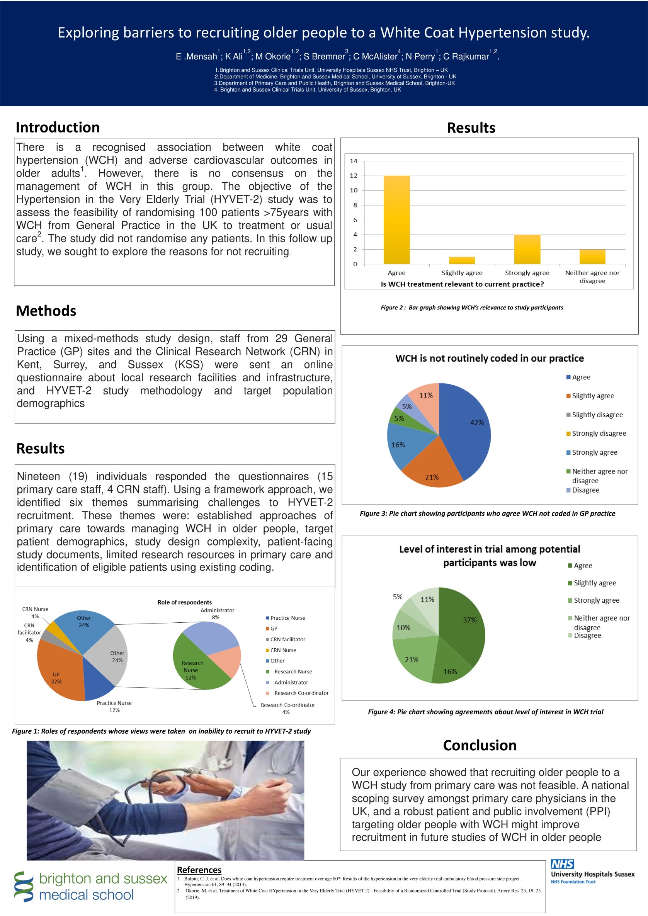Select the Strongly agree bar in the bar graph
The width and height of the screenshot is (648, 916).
pyautogui.click(x=527, y=249)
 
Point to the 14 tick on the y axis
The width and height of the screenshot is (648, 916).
pyautogui.click(x=354, y=161)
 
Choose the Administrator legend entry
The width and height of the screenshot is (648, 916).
pyautogui.click(x=291, y=683)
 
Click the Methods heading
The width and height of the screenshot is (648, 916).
pyautogui.click(x=46, y=311)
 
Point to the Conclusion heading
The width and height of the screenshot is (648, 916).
pyautogui.click(x=480, y=746)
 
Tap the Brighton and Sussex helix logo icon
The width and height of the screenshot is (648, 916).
pyautogui.click(x=24, y=887)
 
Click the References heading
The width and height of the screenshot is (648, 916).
pyautogui.click(x=199, y=870)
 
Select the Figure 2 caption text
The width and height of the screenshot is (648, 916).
pyautogui.click(x=472, y=308)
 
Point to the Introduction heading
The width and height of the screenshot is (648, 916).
pyautogui.click(x=58, y=127)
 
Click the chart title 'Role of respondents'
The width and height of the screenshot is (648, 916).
pyautogui.click(x=184, y=602)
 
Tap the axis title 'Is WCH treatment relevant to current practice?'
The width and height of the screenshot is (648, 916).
pyautogui.click(x=462, y=284)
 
